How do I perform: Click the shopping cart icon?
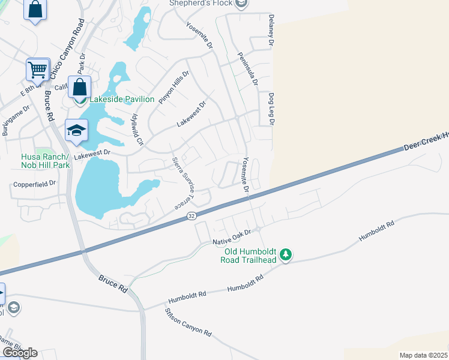pyautogui.click(x=37, y=70)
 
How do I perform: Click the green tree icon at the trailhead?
pyautogui.click(x=287, y=256)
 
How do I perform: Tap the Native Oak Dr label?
pyautogui.click(x=235, y=236)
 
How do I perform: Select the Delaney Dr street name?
pyautogui.click(x=271, y=31)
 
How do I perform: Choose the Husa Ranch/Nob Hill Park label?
pyautogui.click(x=41, y=161)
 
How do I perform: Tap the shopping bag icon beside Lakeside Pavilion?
pyautogui.click(x=79, y=88)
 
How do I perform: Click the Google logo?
pyautogui.click(x=20, y=352)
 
